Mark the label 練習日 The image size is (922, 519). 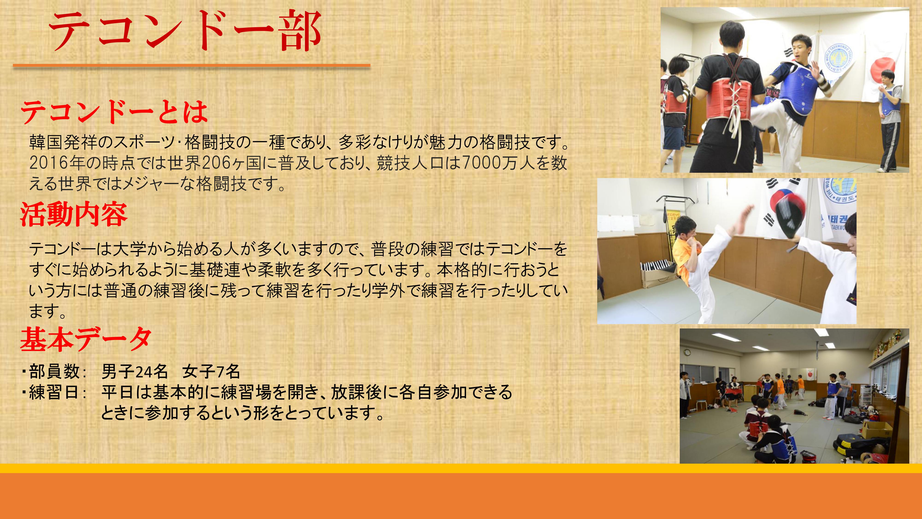click(54, 392)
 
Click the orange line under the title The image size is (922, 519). click(192, 66)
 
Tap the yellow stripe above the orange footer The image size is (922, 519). click(461, 468)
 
